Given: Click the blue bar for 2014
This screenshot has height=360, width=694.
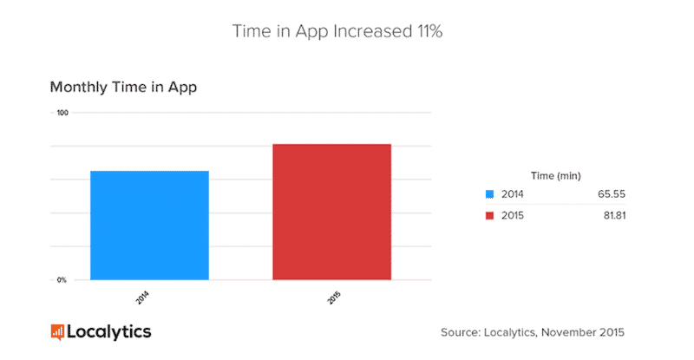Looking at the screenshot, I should pyautogui.click(x=149, y=226).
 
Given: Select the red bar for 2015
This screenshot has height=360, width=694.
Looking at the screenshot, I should pyautogui.click(x=332, y=213).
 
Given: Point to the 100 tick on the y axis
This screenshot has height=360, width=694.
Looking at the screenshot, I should pyautogui.click(x=62, y=113).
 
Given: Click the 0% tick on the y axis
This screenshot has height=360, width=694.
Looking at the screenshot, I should pyautogui.click(x=62, y=280).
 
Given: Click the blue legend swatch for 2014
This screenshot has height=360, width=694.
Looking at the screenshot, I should pyautogui.click(x=489, y=193).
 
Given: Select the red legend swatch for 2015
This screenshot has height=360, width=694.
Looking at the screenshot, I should pyautogui.click(x=489, y=215).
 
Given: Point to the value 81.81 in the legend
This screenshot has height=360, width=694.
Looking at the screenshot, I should pyautogui.click(x=612, y=215).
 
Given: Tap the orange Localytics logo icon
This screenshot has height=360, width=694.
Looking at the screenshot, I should pyautogui.click(x=57, y=331).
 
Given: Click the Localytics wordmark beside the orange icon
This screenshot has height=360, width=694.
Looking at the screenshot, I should pyautogui.click(x=108, y=331).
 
